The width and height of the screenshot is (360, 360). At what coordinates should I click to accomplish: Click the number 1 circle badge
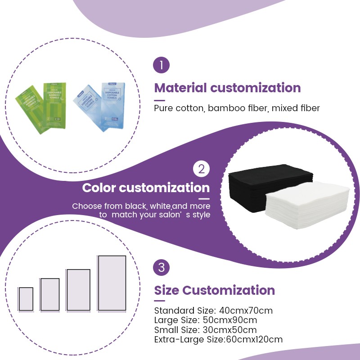click(x=162, y=65)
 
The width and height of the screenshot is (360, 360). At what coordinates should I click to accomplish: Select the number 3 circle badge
click(x=162, y=268)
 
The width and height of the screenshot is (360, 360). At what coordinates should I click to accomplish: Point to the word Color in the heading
click(x=99, y=188)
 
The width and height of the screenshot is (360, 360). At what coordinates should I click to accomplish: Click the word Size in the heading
click(x=167, y=290)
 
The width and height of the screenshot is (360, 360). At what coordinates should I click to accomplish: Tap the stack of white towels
click(x=308, y=205)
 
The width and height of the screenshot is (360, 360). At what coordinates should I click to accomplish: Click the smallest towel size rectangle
click(x=26, y=298)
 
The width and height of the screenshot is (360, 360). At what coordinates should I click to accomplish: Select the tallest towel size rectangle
click(x=112, y=283)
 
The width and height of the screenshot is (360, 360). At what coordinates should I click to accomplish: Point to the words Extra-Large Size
click(x=189, y=339)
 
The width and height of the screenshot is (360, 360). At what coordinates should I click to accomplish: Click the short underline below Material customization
click(x=160, y=100)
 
